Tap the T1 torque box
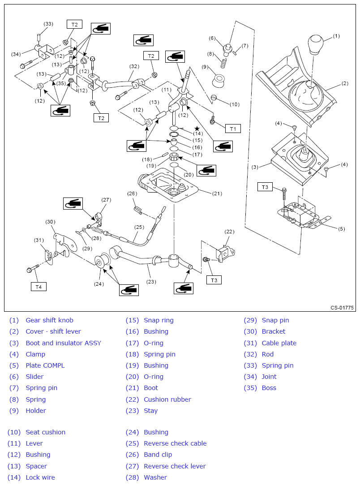(233, 129)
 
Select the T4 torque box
(39, 286)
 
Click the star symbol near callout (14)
(197, 129)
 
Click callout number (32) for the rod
(134, 66)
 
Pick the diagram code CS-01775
(342, 308)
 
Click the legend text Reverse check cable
(175, 443)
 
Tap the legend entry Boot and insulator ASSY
(63, 343)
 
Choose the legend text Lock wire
(40, 477)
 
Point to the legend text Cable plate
(279, 343)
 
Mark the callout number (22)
(229, 232)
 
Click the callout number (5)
(341, 229)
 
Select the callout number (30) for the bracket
(50, 222)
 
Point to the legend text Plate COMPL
(45, 365)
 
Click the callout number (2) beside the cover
(344, 83)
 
